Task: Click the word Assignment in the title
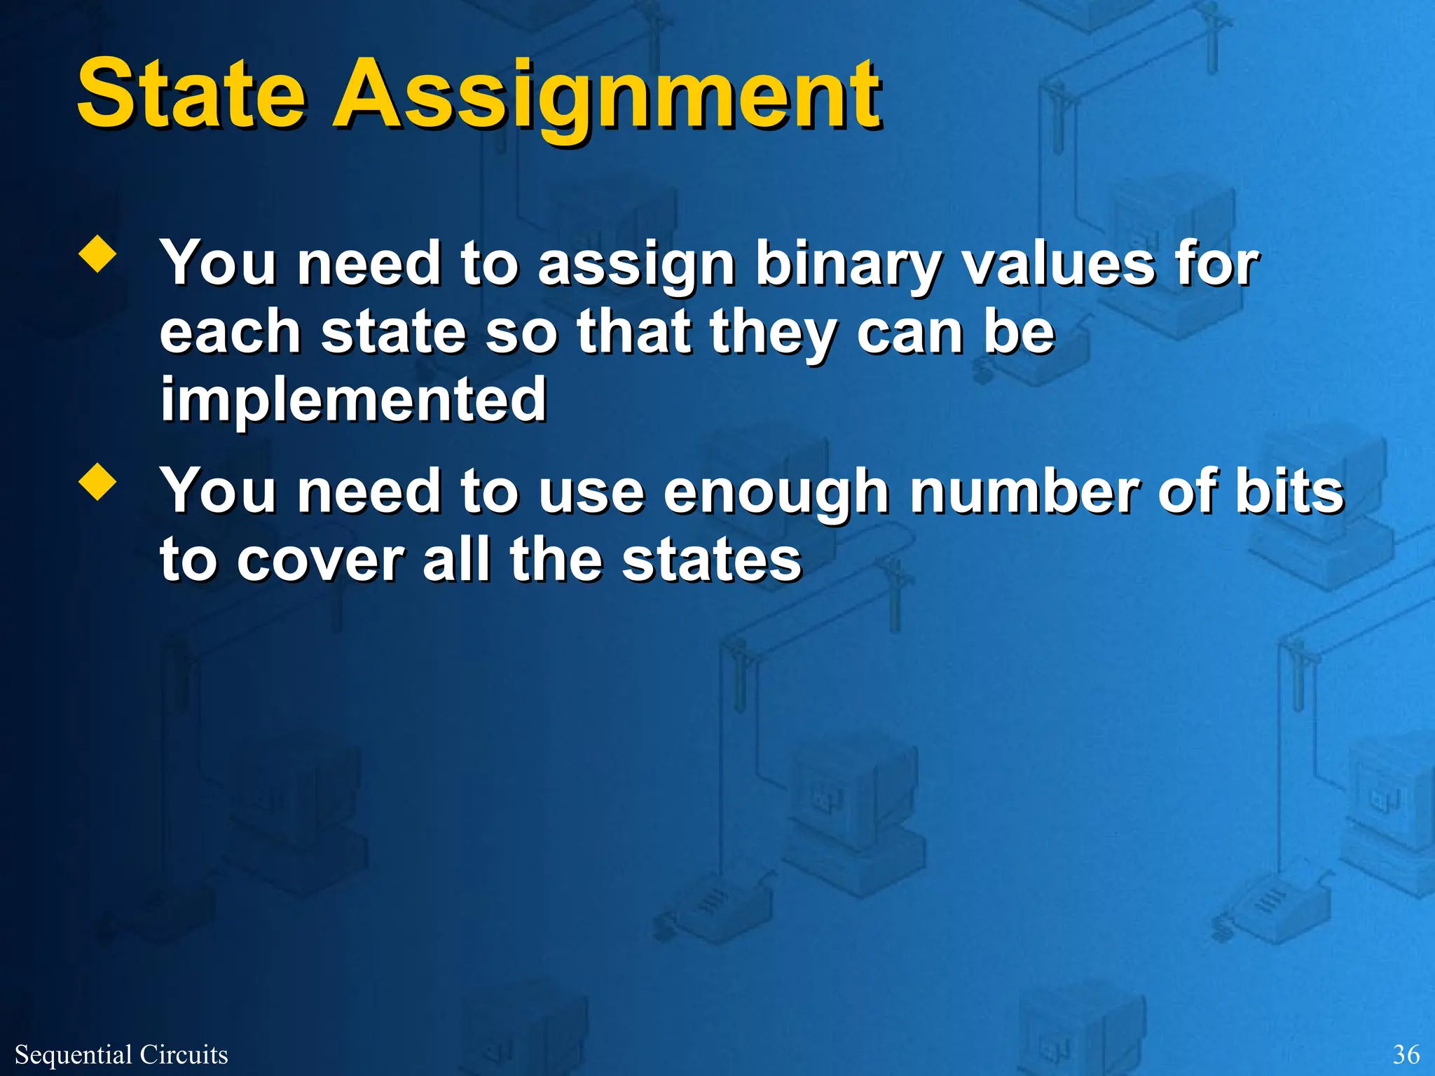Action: [607, 98]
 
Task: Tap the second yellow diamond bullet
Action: [97, 483]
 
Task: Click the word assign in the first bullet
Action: [636, 266]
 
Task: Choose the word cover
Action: [321, 560]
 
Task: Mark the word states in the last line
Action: [711, 560]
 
